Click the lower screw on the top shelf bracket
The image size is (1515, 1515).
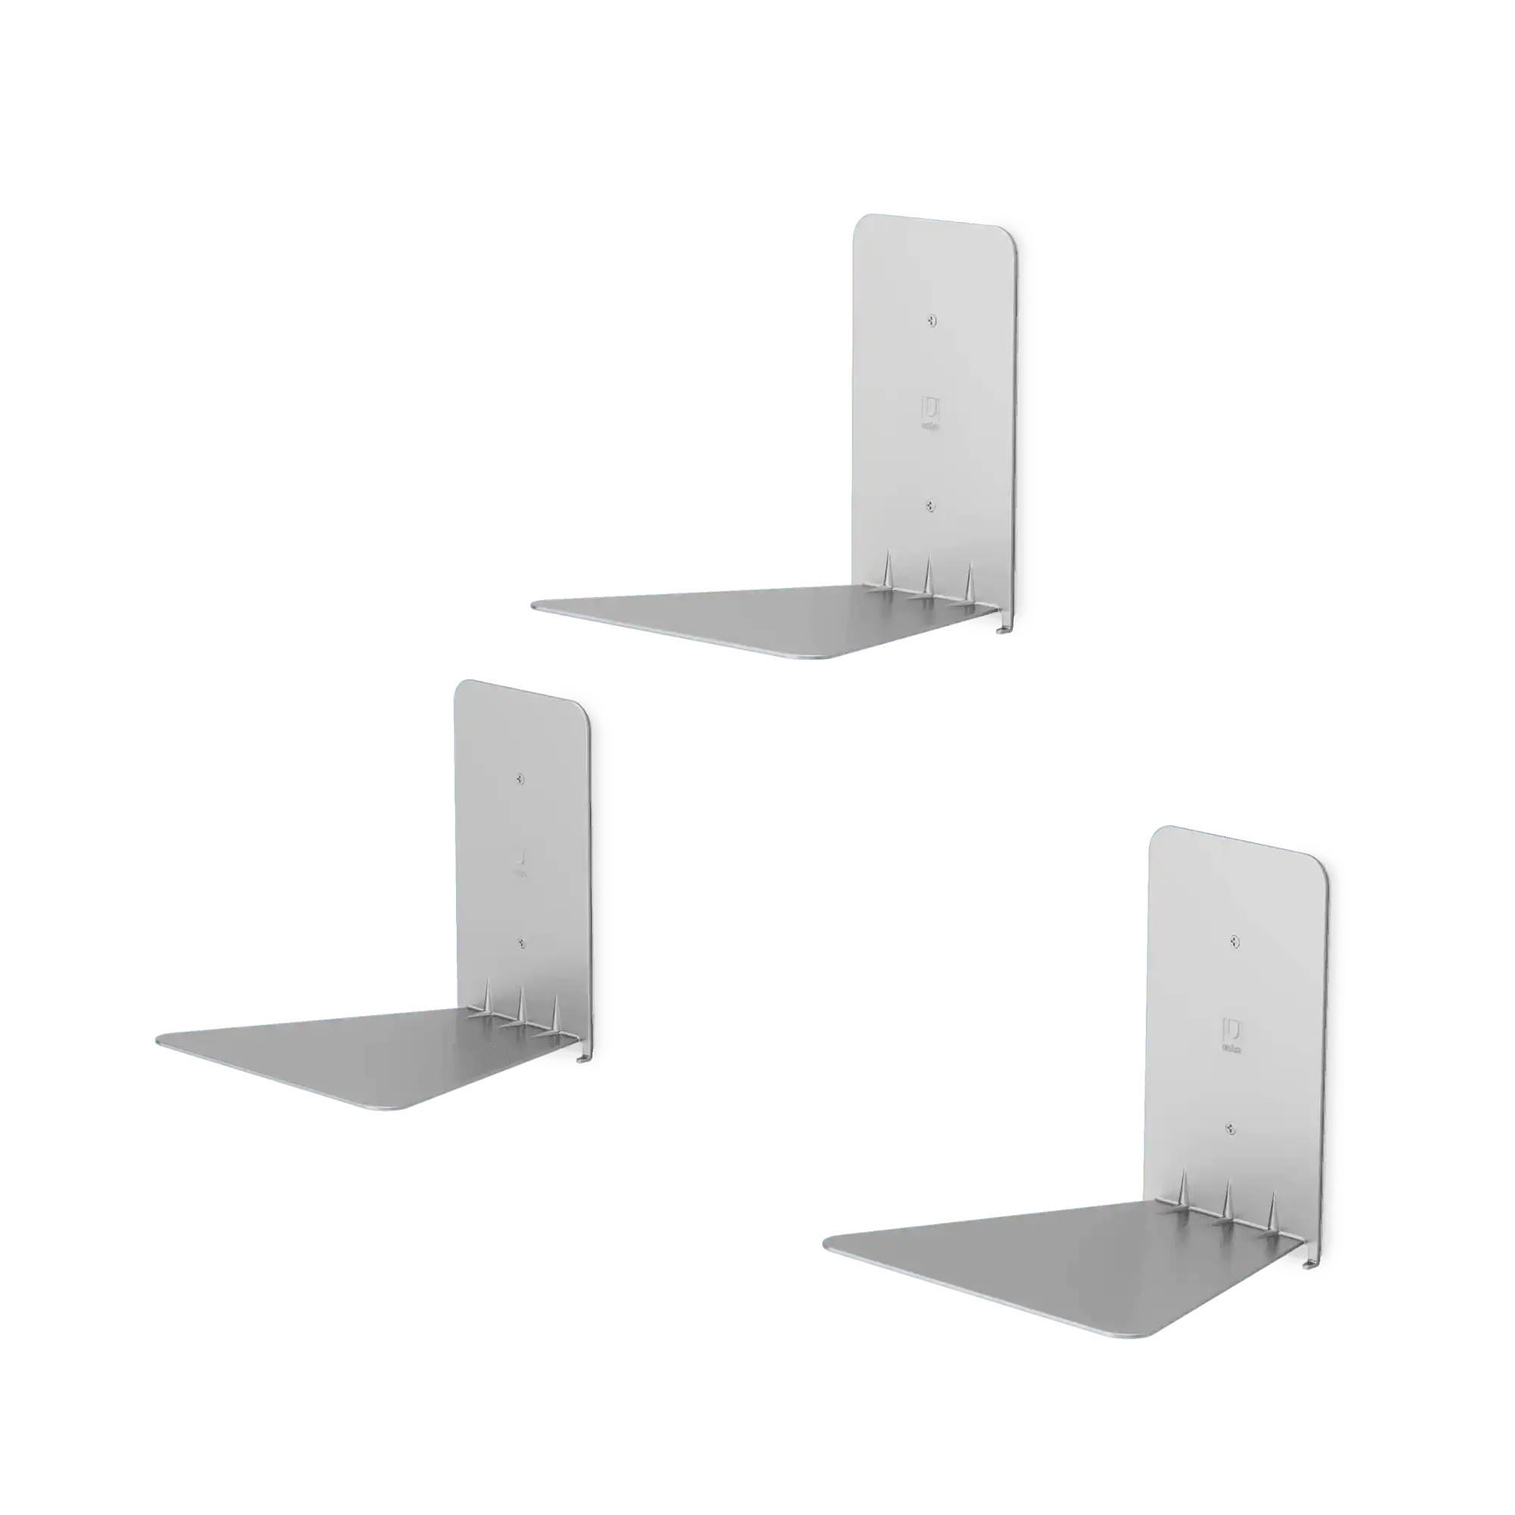[x=931, y=506]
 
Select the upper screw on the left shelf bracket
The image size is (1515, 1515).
[x=520, y=779]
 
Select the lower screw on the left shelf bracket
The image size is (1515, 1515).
[x=521, y=943]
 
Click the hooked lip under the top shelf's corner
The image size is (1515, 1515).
[x=1002, y=628]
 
